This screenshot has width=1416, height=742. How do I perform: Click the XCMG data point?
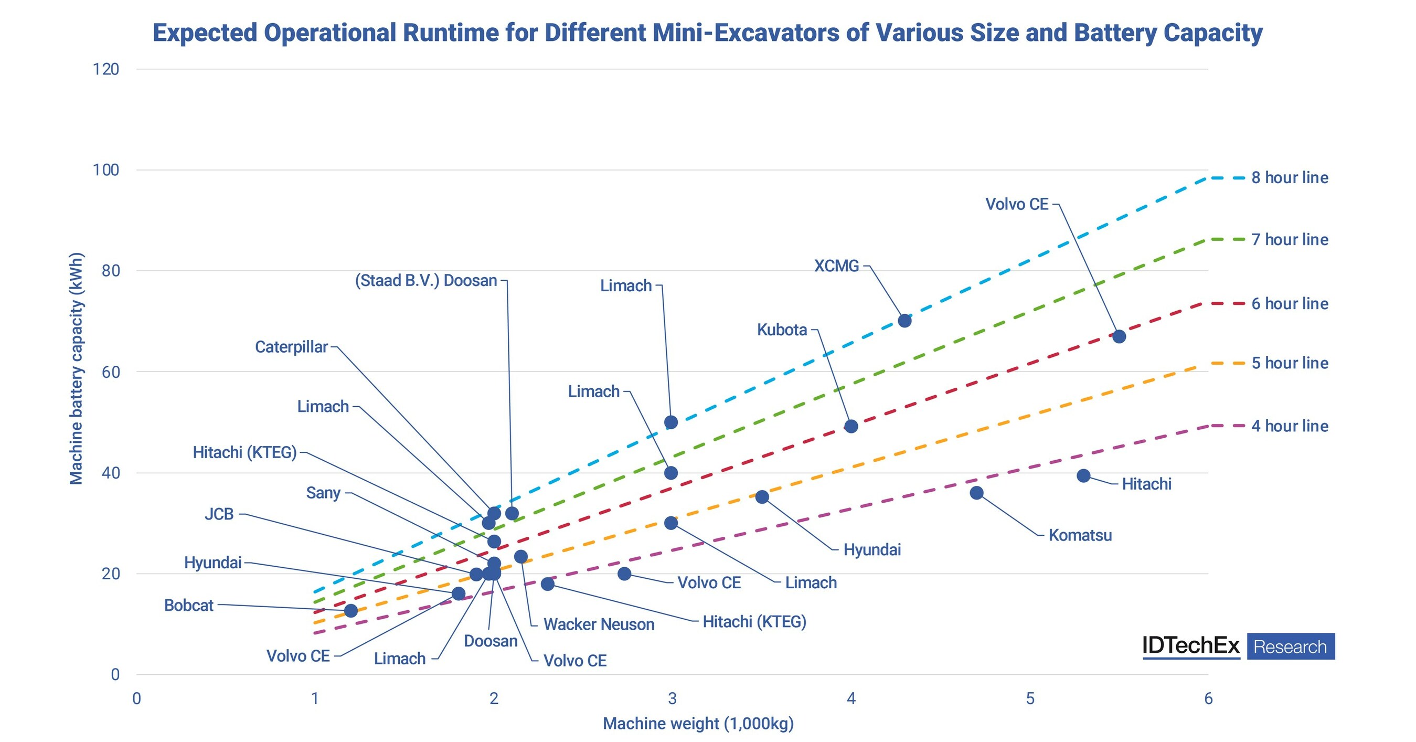pos(904,321)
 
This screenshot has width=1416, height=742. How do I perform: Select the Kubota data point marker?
pos(851,426)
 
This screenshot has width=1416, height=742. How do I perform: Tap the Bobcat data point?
pos(350,611)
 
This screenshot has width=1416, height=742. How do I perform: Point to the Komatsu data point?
pos(976,492)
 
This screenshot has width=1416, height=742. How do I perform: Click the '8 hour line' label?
pos(1290,177)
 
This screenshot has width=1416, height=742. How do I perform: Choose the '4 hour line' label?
pos(1290,426)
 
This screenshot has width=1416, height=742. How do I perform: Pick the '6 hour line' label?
pos(1290,303)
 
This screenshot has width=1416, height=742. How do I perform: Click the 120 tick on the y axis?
pos(106,69)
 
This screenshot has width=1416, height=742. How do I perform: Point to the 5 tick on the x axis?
pos(1029,698)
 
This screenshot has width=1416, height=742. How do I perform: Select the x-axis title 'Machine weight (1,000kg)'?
pos(698,723)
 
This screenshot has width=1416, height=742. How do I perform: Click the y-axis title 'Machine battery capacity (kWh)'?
pos(76,368)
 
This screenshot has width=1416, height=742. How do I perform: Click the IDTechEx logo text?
pos(1190,646)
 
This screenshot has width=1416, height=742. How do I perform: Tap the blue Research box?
pos(1290,647)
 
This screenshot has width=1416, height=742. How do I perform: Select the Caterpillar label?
pos(291,347)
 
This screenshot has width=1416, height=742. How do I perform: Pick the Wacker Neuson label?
pos(599,624)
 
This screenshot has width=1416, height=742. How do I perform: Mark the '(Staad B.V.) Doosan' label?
pos(426,280)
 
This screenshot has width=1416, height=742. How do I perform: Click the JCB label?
pos(219,514)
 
